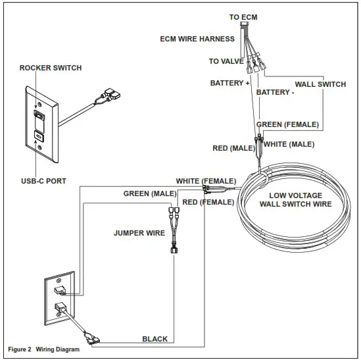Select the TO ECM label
243,17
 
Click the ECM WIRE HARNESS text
197,39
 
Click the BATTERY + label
230,84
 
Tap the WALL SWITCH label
320,84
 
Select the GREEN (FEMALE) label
287,124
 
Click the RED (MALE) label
233,149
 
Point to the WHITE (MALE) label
289,144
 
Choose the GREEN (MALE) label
150,193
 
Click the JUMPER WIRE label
139,232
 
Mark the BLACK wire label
155,339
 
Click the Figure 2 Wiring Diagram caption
44,349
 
